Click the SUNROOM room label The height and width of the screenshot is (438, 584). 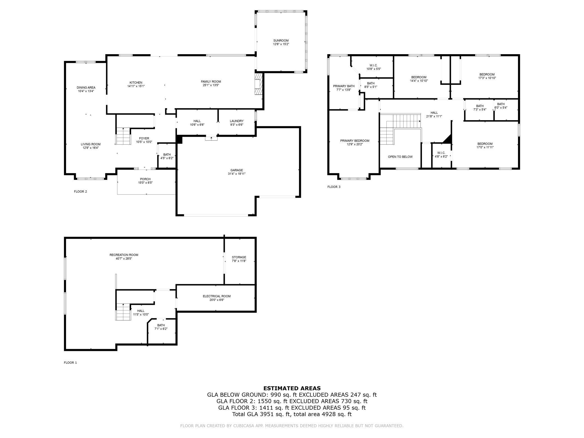281,40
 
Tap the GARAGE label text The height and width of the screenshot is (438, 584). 237,170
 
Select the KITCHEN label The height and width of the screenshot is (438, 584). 136,83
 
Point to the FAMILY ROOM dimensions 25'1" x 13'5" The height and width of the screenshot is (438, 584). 211,85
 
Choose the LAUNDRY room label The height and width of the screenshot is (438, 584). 237,121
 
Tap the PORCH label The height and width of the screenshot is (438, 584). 145,179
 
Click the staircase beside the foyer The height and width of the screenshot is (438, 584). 124,136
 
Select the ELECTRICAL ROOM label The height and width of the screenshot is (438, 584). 217,296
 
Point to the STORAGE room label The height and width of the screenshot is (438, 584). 239,257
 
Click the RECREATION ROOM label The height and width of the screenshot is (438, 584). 124,255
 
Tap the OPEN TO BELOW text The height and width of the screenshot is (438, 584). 400,157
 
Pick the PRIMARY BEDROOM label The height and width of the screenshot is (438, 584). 355,141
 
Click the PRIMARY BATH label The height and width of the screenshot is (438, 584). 344,86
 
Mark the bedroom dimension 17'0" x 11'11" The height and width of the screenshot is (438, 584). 485,147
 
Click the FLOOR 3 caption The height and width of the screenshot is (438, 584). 334,187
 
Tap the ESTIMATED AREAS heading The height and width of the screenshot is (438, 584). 292,388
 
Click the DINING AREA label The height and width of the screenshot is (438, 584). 86,88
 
